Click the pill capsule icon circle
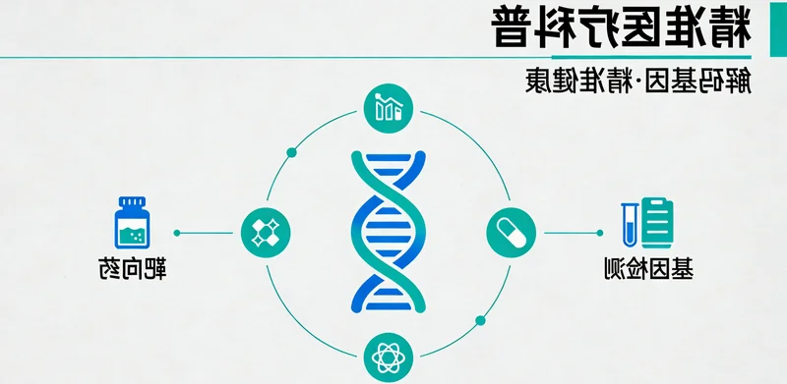pos(511,232)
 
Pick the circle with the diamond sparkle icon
pos(265,232)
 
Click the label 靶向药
pos(132,267)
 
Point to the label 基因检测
pos(649,268)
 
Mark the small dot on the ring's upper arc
pos(291,152)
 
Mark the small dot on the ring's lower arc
pos(481,319)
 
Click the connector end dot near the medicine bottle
pos(177,233)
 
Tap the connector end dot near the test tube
pos(600,233)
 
